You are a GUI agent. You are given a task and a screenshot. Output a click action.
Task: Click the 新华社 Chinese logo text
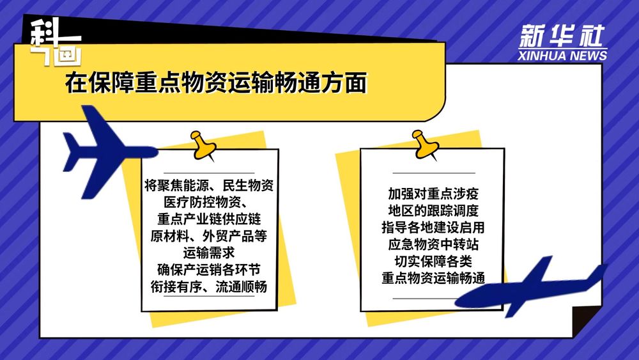[562, 36]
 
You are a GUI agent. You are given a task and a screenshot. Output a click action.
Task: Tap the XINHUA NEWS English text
[562, 56]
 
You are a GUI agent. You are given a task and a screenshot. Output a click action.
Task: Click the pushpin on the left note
[203, 145]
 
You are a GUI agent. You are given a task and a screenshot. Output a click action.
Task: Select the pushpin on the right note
[425, 145]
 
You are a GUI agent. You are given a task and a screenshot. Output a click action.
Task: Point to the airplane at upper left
[105, 152]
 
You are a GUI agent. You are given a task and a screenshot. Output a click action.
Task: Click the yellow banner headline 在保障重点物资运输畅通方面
[216, 82]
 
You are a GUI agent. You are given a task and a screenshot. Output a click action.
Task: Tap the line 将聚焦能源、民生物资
[209, 185]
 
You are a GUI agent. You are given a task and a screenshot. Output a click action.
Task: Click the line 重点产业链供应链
[209, 219]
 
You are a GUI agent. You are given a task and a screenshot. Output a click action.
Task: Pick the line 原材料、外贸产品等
[209, 236]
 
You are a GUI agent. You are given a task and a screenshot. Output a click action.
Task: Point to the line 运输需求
[209, 253]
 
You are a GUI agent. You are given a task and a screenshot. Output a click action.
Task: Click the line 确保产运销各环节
[209, 269]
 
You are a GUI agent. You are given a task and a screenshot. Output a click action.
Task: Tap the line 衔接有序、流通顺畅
[209, 286]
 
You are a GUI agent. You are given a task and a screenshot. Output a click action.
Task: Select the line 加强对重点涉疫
[433, 194]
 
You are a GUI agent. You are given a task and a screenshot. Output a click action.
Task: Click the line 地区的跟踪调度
[433, 210]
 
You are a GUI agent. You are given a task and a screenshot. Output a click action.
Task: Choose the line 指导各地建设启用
[433, 227]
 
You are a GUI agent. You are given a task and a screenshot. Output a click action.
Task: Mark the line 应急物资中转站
[433, 244]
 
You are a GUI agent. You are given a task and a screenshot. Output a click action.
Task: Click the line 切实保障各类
[433, 261]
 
